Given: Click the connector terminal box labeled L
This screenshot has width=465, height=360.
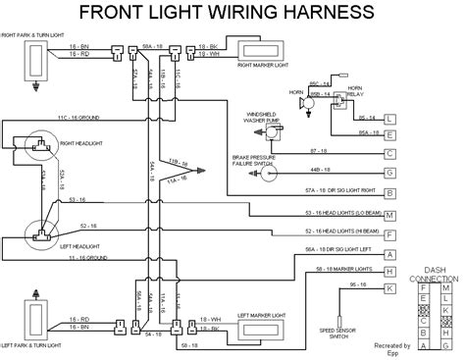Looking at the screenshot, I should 390,119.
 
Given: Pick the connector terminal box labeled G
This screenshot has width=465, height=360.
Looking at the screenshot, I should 390,173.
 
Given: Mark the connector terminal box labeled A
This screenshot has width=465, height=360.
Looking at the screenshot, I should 390,254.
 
